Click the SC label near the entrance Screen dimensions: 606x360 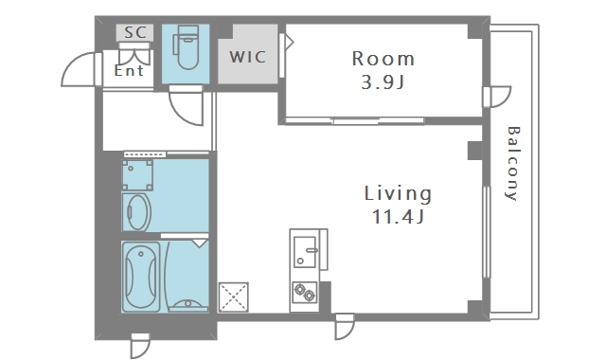[135, 32]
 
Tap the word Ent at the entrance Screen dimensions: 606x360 [129, 70]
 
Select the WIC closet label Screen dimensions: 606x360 [248, 57]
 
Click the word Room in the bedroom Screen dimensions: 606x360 [383, 59]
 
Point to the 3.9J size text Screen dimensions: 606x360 [383, 82]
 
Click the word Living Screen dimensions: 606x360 [398, 193]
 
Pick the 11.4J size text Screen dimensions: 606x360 [398, 217]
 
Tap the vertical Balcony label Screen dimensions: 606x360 [513, 163]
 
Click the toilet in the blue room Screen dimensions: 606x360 [186, 47]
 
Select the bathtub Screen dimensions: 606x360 [141, 277]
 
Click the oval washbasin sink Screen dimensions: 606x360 [138, 212]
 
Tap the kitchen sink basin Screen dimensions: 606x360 [305, 252]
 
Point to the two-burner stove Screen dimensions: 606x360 [305, 293]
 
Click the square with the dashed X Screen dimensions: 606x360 [234, 297]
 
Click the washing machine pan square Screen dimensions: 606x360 [137, 175]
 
